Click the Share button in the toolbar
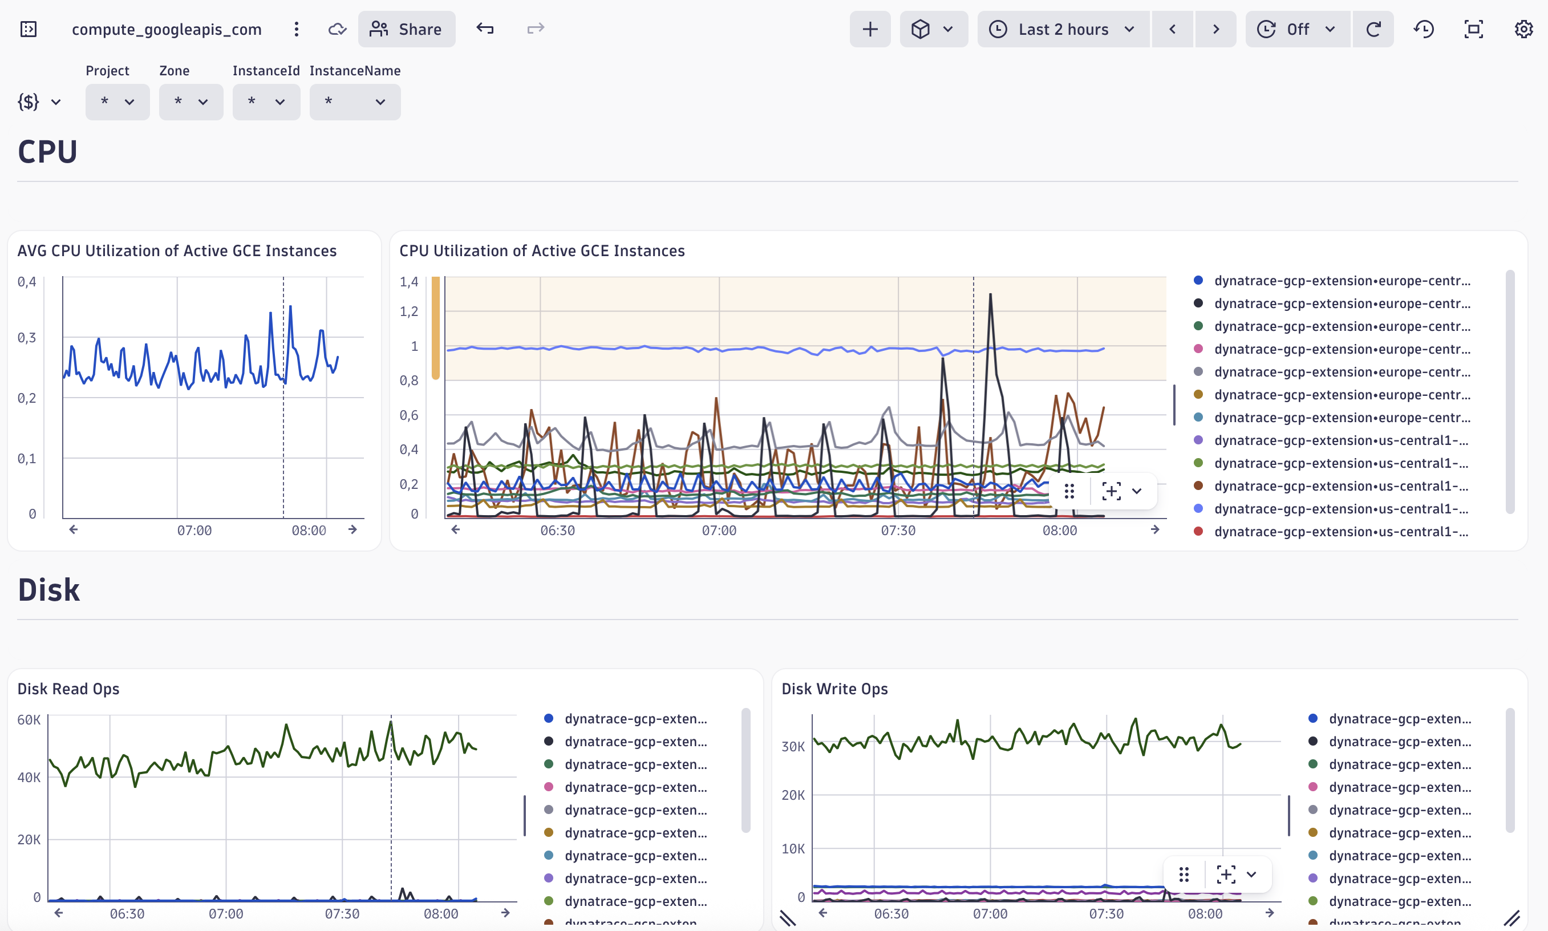407,29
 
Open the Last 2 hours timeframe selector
1063,29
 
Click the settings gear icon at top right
1523,29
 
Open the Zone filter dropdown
191,102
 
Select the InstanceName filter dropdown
354,102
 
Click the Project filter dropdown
117,102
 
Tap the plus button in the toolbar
869,29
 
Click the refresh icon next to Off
1373,29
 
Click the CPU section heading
48,152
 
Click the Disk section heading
49,590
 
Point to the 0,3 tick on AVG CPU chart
26,338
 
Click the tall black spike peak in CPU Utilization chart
990,294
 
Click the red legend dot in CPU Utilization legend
1198,531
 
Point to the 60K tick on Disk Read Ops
29,719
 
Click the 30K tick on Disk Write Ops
793,746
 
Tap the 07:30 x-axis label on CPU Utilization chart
898,530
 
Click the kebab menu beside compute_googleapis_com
296,29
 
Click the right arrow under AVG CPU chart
352,529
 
